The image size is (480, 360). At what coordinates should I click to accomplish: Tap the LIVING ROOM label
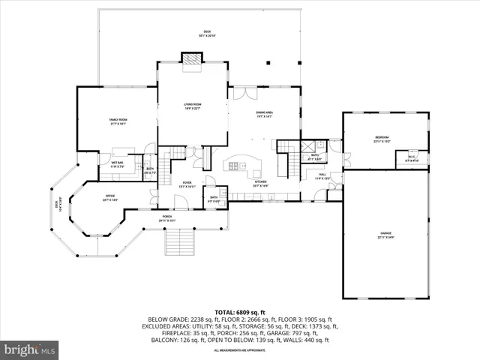pos(193,106)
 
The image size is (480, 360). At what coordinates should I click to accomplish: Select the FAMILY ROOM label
pos(118,121)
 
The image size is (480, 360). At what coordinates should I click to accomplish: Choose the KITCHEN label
pos(260,182)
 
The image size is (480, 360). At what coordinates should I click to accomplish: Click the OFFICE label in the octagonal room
pos(109,198)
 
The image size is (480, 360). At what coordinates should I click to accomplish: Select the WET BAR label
pos(118,163)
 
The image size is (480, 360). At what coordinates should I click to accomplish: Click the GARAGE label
pos(385,235)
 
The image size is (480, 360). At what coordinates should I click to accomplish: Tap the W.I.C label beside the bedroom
pos(412,158)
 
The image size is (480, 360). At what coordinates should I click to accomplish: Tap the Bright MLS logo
pos(30,349)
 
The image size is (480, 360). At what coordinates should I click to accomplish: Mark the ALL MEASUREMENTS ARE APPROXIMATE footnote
pos(240,350)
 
